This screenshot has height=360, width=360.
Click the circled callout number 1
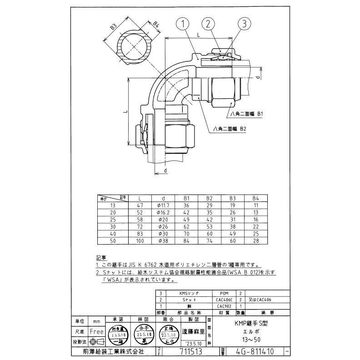pos(181,23)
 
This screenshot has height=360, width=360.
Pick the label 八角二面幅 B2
pos(230,129)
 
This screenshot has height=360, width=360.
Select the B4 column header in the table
pos(255,199)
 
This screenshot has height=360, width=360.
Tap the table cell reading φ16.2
pos(162,212)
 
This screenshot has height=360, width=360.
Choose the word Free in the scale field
pos(96,332)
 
